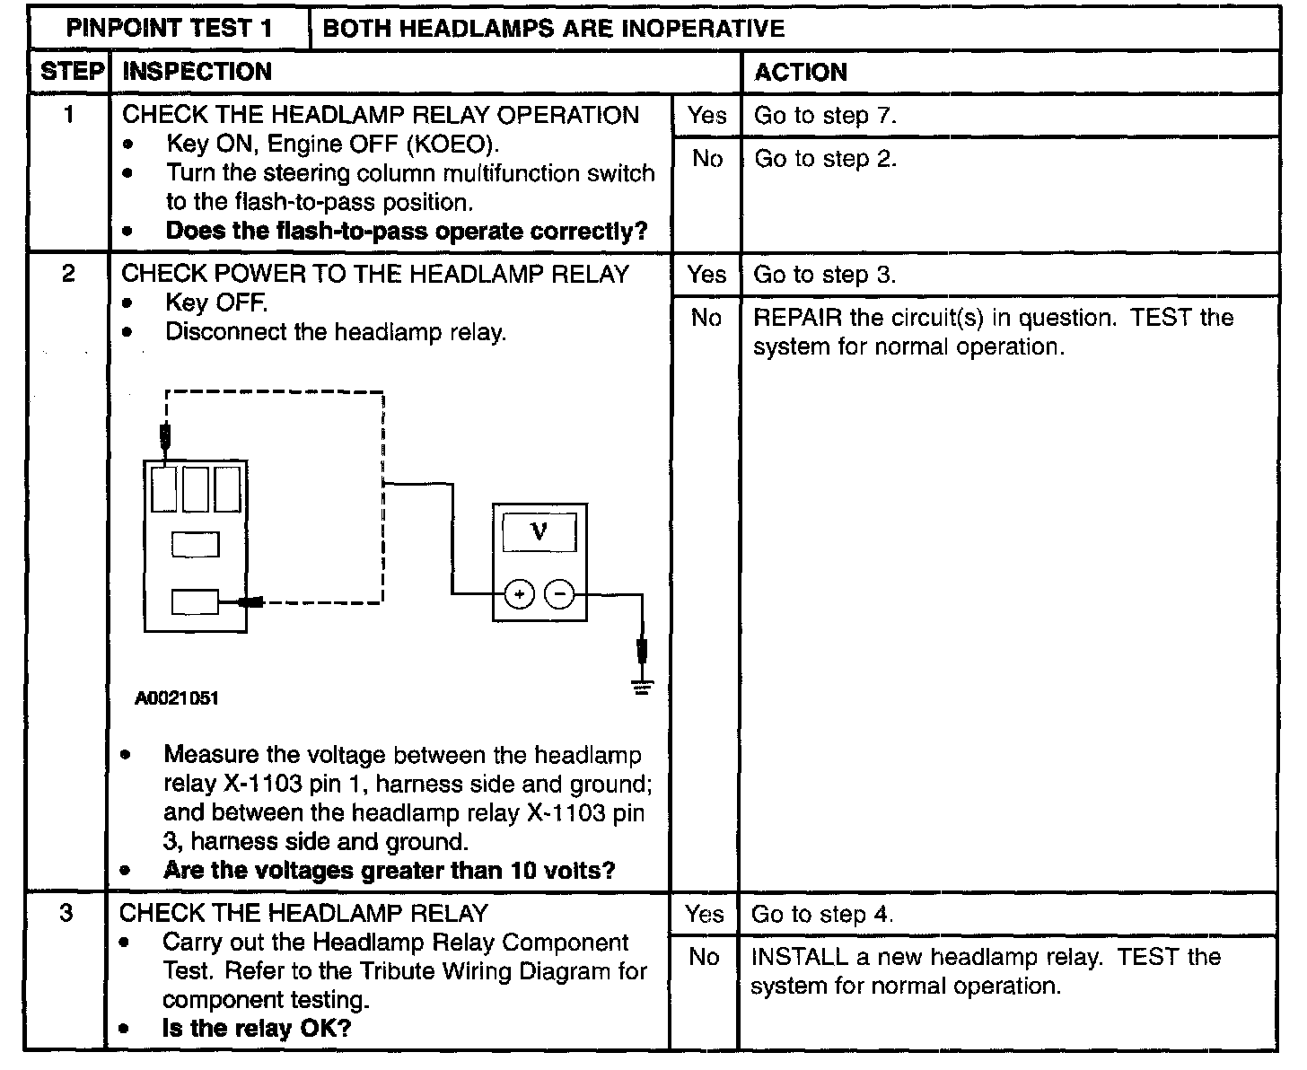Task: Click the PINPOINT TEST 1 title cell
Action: [169, 28]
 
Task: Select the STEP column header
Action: [72, 72]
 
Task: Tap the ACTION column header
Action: [800, 72]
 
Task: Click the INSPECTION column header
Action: [197, 72]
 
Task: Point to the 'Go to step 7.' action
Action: [825, 115]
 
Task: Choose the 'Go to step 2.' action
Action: [825, 159]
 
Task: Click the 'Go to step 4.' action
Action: [822, 914]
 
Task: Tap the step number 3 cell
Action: [66, 914]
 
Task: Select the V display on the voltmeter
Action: [539, 532]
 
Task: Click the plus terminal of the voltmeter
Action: [520, 593]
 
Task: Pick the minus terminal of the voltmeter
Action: [560, 593]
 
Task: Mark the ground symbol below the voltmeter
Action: [642, 688]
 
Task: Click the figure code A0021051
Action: [177, 698]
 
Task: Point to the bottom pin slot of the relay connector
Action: [195, 601]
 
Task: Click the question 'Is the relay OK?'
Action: [256, 1029]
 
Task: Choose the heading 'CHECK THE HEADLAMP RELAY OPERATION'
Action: [381, 115]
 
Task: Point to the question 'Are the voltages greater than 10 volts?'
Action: [389, 871]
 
